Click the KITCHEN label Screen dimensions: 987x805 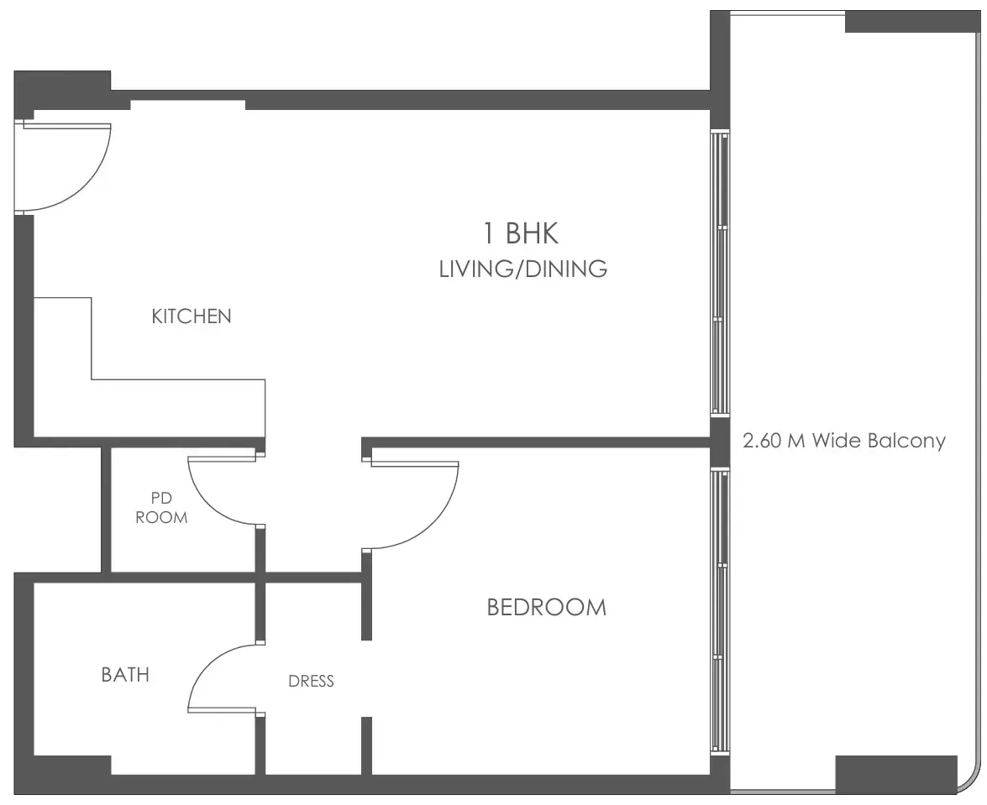click(192, 316)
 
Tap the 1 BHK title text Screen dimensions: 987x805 click(521, 233)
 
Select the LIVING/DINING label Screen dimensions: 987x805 click(523, 269)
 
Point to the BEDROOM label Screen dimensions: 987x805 click(546, 607)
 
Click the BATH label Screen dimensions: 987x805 click(125, 675)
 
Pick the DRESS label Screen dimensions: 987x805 click(311, 681)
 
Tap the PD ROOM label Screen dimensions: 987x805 click(161, 508)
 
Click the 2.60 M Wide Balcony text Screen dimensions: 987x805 click(844, 440)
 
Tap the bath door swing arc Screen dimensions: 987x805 click(207, 666)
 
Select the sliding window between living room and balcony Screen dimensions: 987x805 click(720, 272)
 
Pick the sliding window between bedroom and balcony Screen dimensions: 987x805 click(720, 610)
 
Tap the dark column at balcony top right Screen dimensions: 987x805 click(913, 21)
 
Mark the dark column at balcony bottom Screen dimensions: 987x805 click(896, 775)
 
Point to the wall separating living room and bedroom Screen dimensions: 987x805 click(536, 442)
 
